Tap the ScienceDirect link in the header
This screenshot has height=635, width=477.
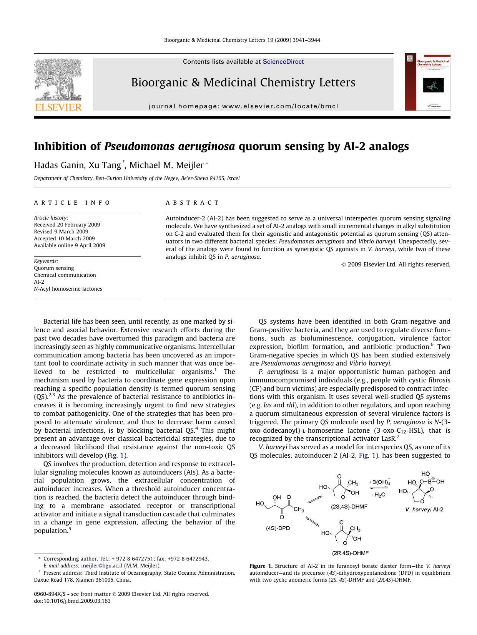[283, 62]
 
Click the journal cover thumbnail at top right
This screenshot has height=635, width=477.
[427, 82]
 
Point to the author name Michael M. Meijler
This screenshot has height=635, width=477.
[166, 165]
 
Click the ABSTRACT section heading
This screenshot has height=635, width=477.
[192, 203]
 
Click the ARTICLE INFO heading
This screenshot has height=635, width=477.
[72, 203]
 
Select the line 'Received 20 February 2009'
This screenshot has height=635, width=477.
[67, 225]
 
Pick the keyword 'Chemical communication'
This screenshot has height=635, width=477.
[65, 275]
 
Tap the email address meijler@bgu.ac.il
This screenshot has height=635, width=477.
[102, 566]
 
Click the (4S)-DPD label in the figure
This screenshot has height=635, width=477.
[278, 528]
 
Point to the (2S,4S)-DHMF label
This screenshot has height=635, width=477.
[349, 506]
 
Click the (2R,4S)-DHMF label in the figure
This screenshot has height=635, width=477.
[350, 553]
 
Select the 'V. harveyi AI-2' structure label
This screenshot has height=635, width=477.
[424, 509]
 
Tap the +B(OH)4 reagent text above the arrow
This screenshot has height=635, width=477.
[380, 482]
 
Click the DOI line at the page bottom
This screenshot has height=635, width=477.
[72, 601]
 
